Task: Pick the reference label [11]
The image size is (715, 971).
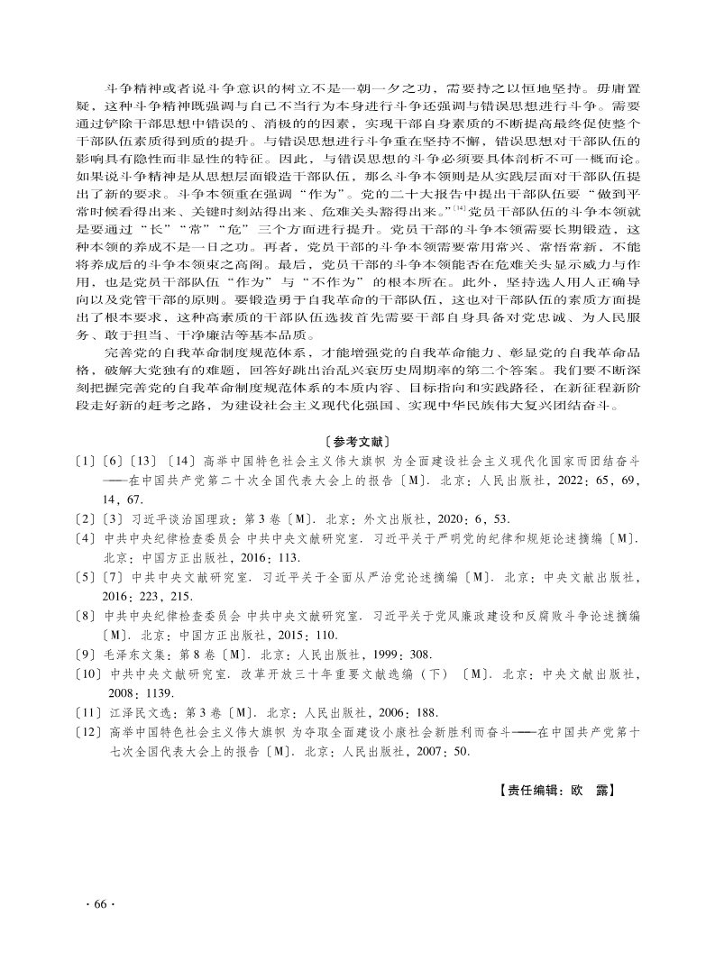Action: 91,711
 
